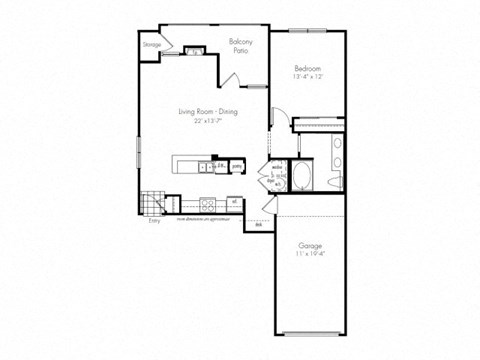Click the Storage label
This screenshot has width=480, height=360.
tap(151, 45)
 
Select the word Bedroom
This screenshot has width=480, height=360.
tap(307, 68)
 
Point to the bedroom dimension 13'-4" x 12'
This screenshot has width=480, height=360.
tap(307, 76)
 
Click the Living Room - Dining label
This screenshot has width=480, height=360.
tap(204, 112)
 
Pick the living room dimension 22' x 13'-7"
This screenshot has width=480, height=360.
tap(204, 120)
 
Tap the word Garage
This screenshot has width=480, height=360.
tap(308, 246)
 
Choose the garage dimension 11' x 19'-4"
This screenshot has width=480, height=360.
tap(308, 254)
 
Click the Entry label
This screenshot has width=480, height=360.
tap(154, 222)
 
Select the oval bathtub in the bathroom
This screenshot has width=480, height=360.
tap(301, 178)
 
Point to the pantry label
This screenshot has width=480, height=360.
tap(237, 165)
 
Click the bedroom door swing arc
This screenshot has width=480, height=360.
tap(282, 122)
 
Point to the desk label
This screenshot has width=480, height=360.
tap(258, 225)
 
